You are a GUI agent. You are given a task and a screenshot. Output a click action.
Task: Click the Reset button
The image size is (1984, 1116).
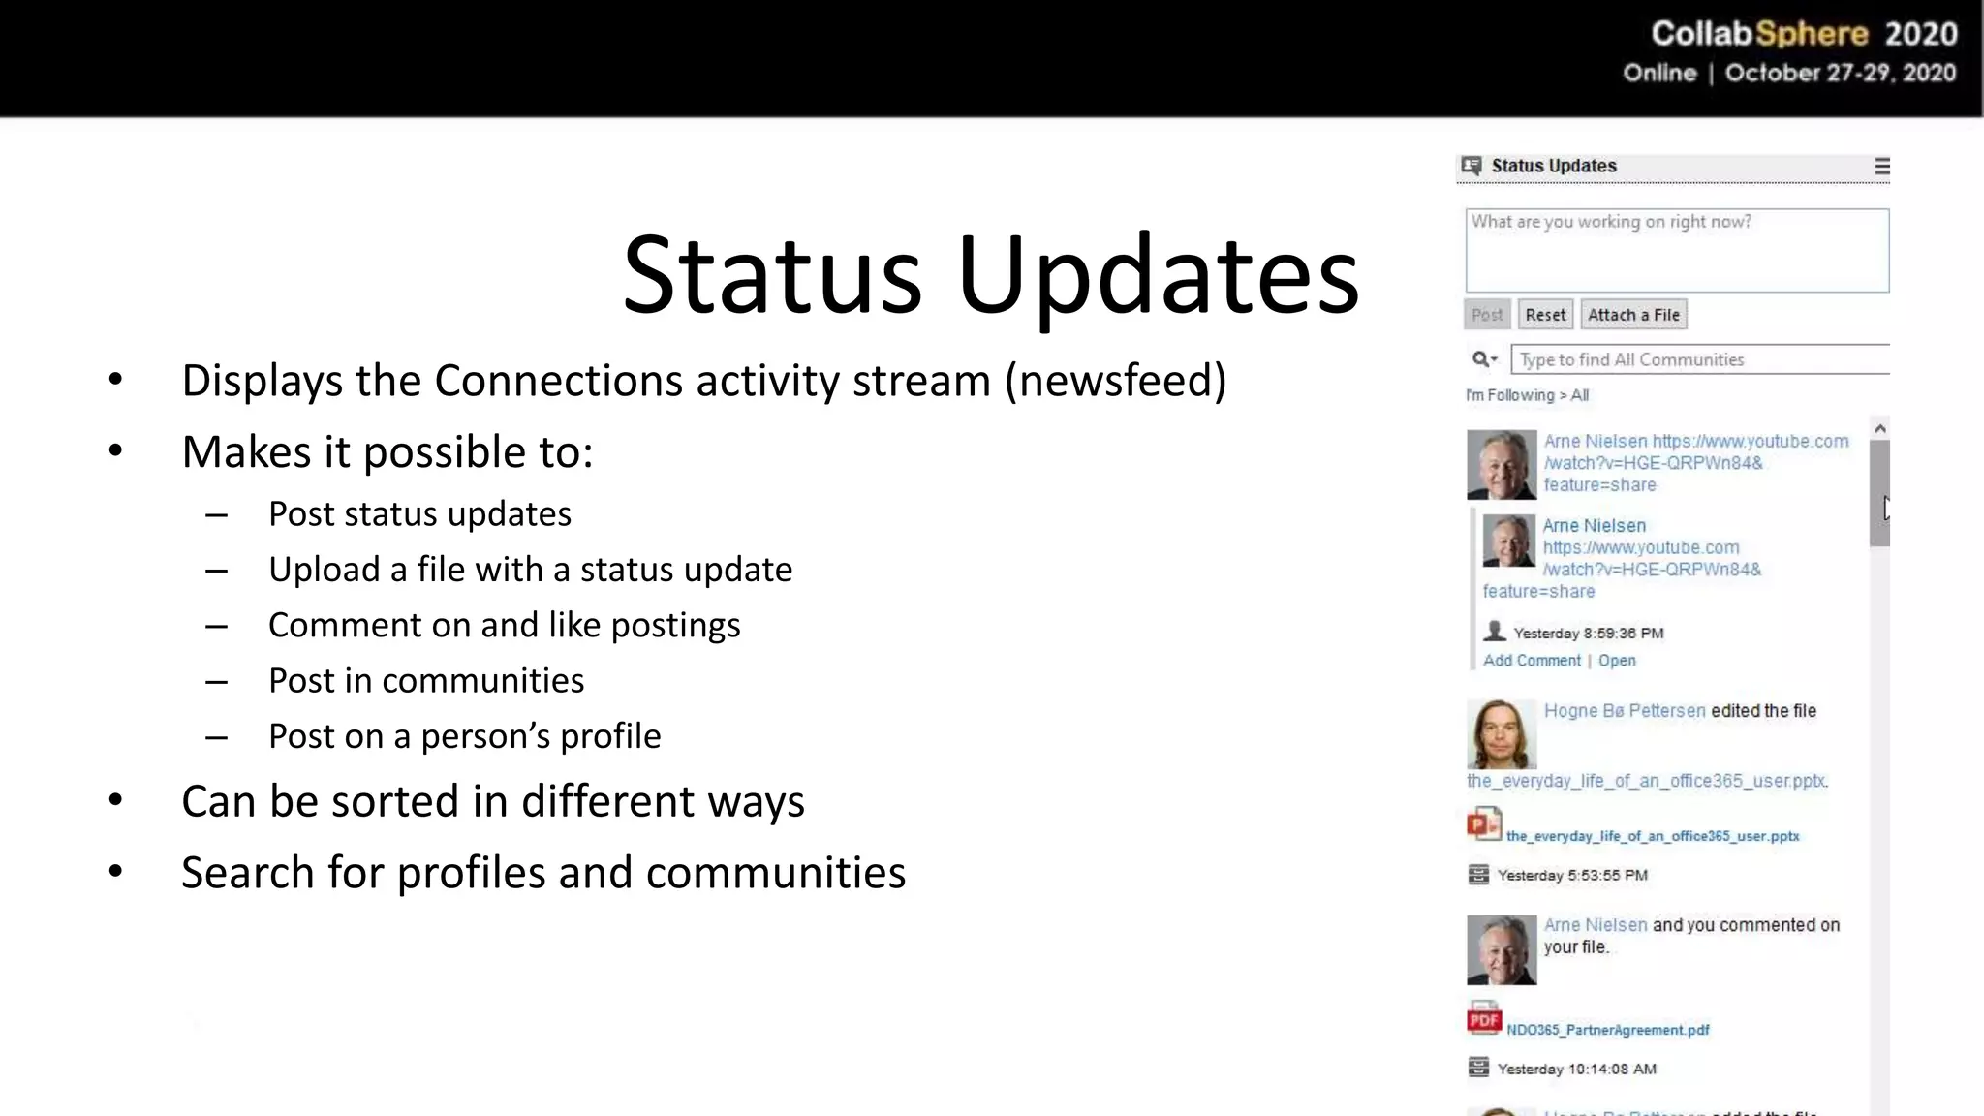click(x=1545, y=315)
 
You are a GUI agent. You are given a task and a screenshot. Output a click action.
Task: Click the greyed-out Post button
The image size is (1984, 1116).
click(x=1487, y=315)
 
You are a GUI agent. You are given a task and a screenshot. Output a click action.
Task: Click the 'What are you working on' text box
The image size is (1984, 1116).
click(x=1677, y=251)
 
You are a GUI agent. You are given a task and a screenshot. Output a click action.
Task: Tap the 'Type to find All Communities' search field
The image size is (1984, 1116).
click(x=1700, y=359)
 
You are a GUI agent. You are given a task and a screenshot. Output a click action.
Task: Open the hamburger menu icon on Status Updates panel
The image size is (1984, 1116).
click(x=1881, y=167)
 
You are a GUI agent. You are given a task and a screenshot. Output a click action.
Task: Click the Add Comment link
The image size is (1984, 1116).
click(x=1532, y=661)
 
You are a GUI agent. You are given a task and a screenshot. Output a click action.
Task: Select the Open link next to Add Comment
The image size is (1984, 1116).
click(x=1617, y=661)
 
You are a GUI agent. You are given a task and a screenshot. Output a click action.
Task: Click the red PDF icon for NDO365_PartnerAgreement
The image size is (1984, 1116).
click(x=1483, y=1019)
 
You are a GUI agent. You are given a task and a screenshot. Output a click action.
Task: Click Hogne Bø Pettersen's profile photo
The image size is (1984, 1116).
click(x=1501, y=734)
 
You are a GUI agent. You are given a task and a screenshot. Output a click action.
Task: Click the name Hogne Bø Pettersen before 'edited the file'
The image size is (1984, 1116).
click(x=1625, y=711)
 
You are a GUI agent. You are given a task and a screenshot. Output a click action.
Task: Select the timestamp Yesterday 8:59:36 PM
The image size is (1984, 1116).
click(x=1588, y=634)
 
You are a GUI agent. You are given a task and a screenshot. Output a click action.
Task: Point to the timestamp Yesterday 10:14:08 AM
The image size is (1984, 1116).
click(x=1576, y=1069)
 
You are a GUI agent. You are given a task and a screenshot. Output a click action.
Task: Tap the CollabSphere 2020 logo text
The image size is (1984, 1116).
click(x=1804, y=35)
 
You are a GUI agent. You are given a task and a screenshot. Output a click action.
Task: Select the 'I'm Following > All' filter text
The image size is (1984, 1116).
click(x=1527, y=395)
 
